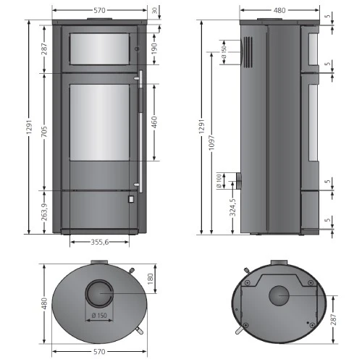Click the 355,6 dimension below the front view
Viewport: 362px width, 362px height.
click(x=95, y=242)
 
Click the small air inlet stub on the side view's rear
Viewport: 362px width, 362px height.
click(x=237, y=179)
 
